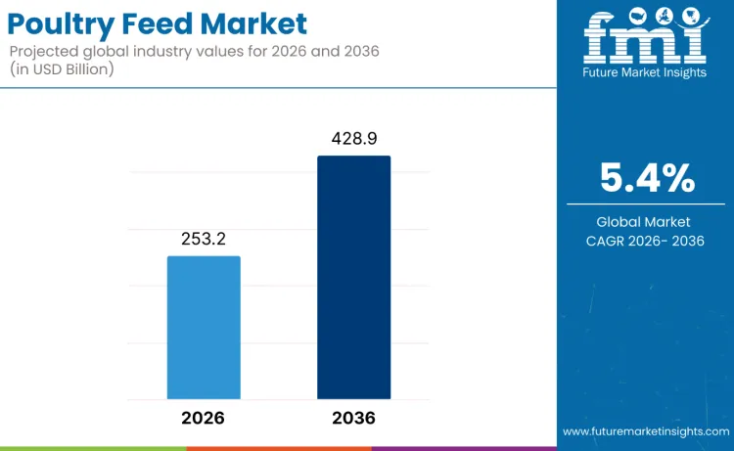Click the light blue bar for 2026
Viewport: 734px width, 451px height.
coord(204,327)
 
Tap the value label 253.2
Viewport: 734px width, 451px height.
coord(204,239)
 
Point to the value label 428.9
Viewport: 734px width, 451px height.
coord(353,139)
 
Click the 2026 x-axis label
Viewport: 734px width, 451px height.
coord(203,418)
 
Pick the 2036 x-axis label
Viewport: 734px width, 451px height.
coord(353,418)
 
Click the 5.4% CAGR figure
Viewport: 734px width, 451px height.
coord(647,178)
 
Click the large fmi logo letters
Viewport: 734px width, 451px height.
coord(645,40)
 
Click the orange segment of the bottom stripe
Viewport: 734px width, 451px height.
coord(279,448)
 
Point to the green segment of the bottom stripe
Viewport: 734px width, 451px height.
coord(93,448)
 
